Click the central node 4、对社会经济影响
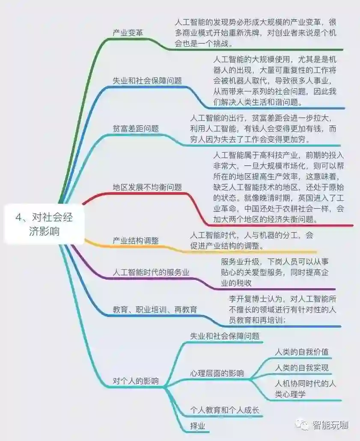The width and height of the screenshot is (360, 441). [44, 224]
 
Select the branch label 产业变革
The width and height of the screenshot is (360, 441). [128, 33]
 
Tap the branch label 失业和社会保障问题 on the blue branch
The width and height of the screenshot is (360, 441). [147, 80]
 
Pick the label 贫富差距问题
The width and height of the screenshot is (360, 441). [136, 128]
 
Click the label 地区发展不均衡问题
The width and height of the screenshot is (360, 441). [147, 187]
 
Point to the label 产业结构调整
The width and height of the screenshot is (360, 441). [135, 241]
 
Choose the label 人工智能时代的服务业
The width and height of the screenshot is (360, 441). [151, 272]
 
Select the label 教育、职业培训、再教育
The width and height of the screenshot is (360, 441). [155, 309]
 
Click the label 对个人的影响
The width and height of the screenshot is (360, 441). [135, 380]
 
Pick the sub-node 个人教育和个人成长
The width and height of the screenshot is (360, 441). [224, 410]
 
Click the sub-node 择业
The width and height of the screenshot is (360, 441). [197, 426]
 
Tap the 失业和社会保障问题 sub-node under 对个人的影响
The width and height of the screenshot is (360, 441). [224, 336]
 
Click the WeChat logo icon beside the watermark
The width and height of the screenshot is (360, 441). [304, 425]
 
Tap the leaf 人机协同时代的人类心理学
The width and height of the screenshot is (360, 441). [305, 389]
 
